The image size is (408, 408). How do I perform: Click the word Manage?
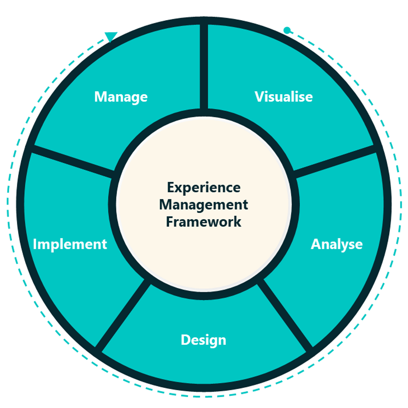121,97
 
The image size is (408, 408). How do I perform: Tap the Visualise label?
284,97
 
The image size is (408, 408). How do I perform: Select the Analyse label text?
337,244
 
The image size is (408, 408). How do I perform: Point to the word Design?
204,340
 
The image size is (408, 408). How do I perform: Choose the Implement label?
70,244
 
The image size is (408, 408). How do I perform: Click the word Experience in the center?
204,187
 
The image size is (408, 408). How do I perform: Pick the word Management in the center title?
204,205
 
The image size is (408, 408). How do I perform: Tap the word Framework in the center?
204,222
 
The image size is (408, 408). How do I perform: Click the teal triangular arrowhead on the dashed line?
111,37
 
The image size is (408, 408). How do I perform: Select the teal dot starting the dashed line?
287,30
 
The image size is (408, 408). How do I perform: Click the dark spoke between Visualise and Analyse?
334,161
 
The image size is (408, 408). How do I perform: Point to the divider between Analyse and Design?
285,314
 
